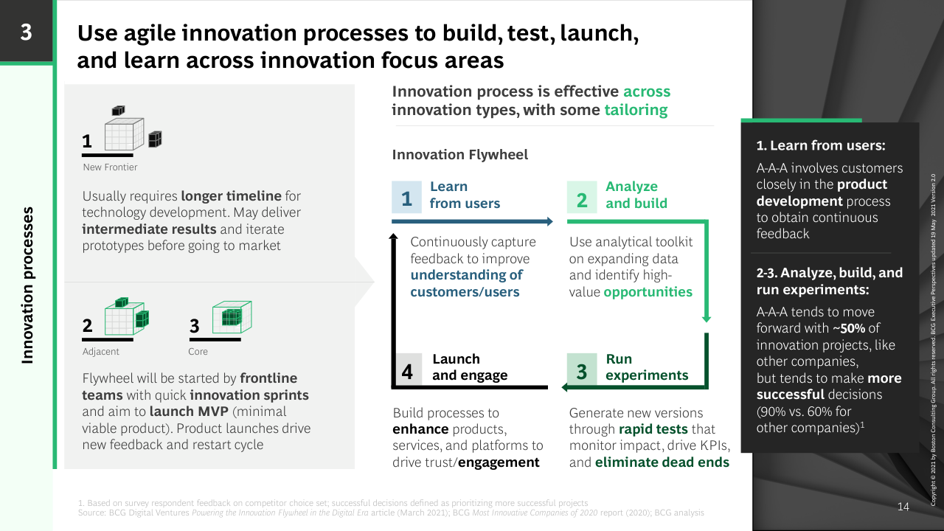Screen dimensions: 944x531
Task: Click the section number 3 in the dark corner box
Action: pyautogui.click(x=26, y=32)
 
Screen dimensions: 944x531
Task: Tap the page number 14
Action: pyautogui.click(x=903, y=507)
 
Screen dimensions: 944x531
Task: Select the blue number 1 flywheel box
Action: pyautogui.click(x=406, y=197)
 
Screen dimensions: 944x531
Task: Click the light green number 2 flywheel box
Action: pyautogui.click(x=582, y=197)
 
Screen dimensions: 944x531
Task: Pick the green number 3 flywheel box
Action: pyautogui.click(x=582, y=369)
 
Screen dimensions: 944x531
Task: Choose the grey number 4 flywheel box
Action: pyautogui.click(x=407, y=369)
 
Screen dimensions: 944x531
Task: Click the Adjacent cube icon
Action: pyautogui.click(x=126, y=316)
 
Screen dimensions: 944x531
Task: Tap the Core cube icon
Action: pyautogui.click(x=232, y=317)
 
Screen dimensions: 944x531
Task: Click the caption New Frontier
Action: pyautogui.click(x=110, y=167)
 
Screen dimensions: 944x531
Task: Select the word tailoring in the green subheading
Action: pyautogui.click(x=636, y=111)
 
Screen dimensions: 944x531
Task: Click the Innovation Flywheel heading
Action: pyautogui.click(x=459, y=155)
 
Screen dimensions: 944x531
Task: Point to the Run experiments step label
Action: pyautogui.click(x=647, y=367)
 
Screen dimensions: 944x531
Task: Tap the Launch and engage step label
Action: pyautogui.click(x=470, y=367)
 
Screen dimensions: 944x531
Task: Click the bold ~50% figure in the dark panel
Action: pyautogui.click(x=849, y=328)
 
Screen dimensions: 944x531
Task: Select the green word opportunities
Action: pyautogui.click(x=648, y=292)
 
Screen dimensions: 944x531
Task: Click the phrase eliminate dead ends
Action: pyautogui.click(x=662, y=462)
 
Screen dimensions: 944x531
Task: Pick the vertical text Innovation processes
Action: pyautogui.click(x=27, y=285)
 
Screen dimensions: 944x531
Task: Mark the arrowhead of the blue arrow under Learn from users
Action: pyautogui.click(x=549, y=221)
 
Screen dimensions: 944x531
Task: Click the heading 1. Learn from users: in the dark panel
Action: pyautogui.click(x=821, y=145)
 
